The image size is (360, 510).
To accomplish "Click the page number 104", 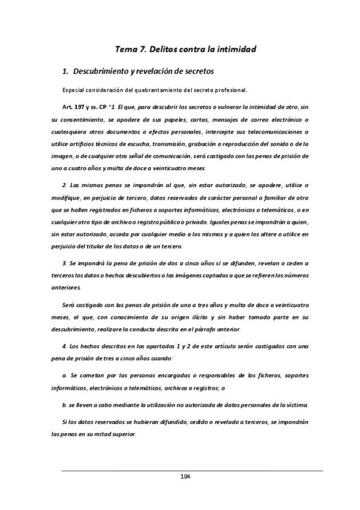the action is pos(185,477).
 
